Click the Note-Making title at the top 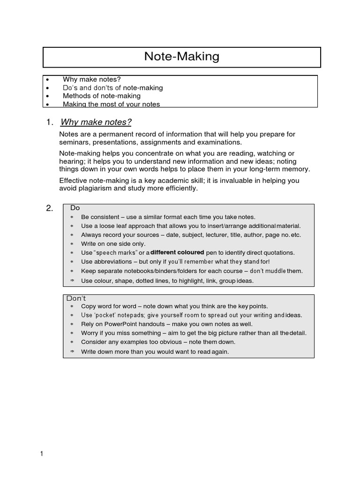click(x=181, y=57)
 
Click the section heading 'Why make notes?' click(x=96, y=122)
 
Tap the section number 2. click(x=49, y=209)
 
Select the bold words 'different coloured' click(x=178, y=252)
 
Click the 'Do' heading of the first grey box click(x=75, y=208)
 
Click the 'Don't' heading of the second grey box click(x=76, y=298)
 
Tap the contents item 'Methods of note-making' click(x=102, y=96)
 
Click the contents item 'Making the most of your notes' click(x=111, y=104)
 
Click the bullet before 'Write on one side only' click(x=72, y=244)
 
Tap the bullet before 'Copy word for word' click(x=72, y=307)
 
